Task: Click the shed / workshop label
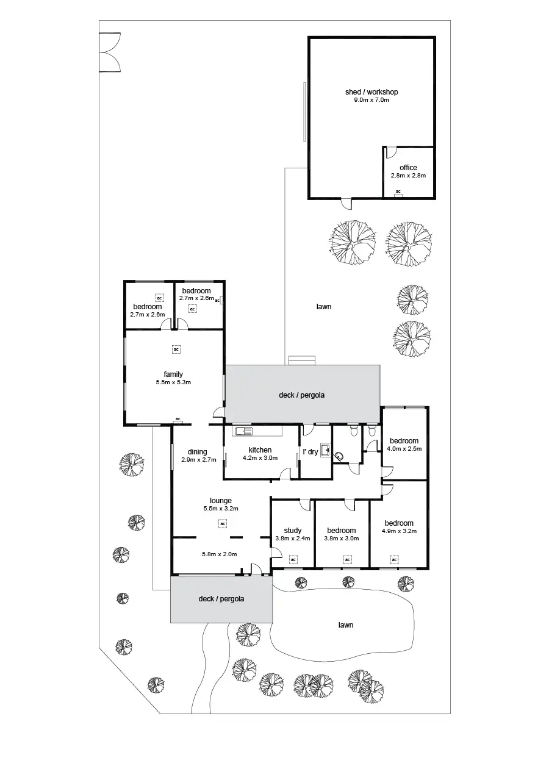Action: tap(371, 92)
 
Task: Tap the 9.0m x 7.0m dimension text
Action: tap(371, 99)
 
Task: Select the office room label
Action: tap(408, 168)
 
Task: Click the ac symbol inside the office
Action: tap(398, 192)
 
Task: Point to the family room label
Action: tap(173, 374)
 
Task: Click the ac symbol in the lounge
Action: tap(223, 523)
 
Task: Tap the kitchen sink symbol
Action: tap(242, 432)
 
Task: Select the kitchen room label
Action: tap(260, 450)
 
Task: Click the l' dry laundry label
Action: tap(310, 452)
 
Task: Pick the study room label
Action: tap(293, 531)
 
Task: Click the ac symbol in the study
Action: tap(293, 559)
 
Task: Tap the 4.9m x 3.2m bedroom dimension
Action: tap(399, 531)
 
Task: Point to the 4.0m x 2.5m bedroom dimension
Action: tap(404, 448)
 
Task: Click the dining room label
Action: tap(198, 452)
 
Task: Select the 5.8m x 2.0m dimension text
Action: tap(220, 554)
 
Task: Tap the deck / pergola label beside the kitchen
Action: tap(302, 395)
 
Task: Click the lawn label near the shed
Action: tap(324, 307)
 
